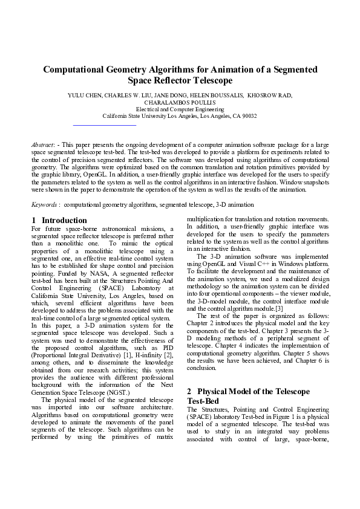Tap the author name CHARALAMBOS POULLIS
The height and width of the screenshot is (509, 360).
pos(180,102)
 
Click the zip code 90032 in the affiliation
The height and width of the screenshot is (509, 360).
pos(248,115)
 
